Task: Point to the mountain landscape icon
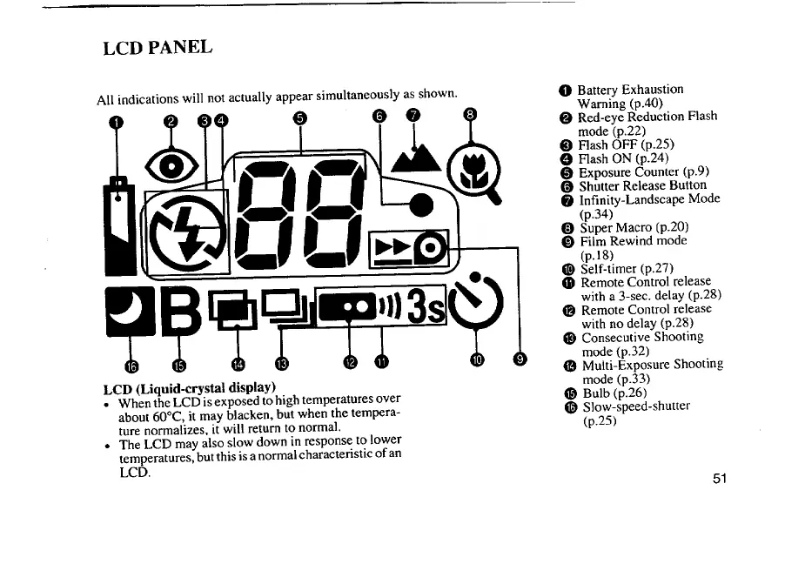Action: (413, 159)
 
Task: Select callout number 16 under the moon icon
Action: (131, 363)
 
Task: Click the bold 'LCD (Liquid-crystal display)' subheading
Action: (189, 386)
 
